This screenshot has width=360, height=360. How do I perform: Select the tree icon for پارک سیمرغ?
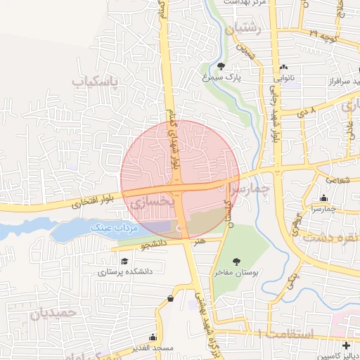click(x=221, y=67)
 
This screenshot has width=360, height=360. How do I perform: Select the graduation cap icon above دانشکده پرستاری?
click(x=124, y=261)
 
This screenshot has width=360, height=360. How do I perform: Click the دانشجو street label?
click(x=156, y=245)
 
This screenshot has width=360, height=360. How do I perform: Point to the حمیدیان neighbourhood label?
click(x=49, y=313)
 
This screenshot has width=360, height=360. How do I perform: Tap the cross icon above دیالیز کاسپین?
click(x=345, y=345)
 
